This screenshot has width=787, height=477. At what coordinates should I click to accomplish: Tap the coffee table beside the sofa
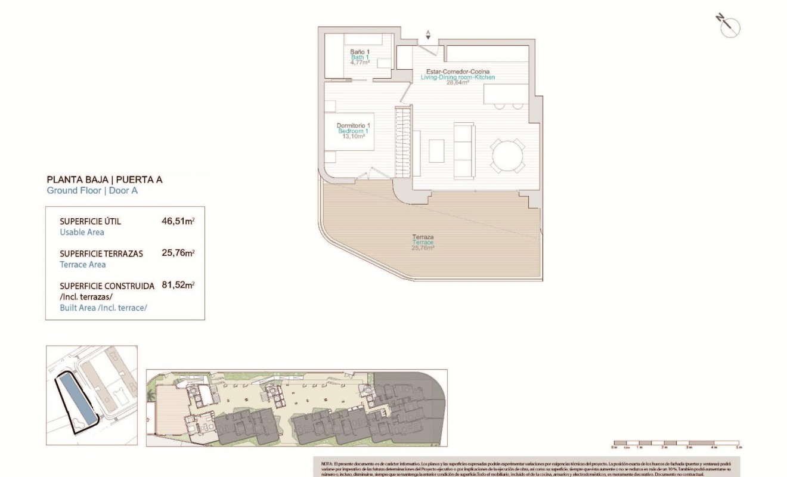pyautogui.click(x=436, y=150)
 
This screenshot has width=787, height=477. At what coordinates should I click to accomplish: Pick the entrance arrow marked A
pyautogui.click(x=427, y=34)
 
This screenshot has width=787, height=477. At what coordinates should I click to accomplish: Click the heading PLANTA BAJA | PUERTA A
pyautogui.click(x=104, y=179)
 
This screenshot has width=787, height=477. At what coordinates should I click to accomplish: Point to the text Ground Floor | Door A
pyautogui.click(x=92, y=190)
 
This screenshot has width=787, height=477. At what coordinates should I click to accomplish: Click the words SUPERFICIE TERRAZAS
pyautogui.click(x=101, y=253)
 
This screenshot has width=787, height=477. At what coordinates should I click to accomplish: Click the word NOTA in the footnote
pyautogui.click(x=327, y=463)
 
